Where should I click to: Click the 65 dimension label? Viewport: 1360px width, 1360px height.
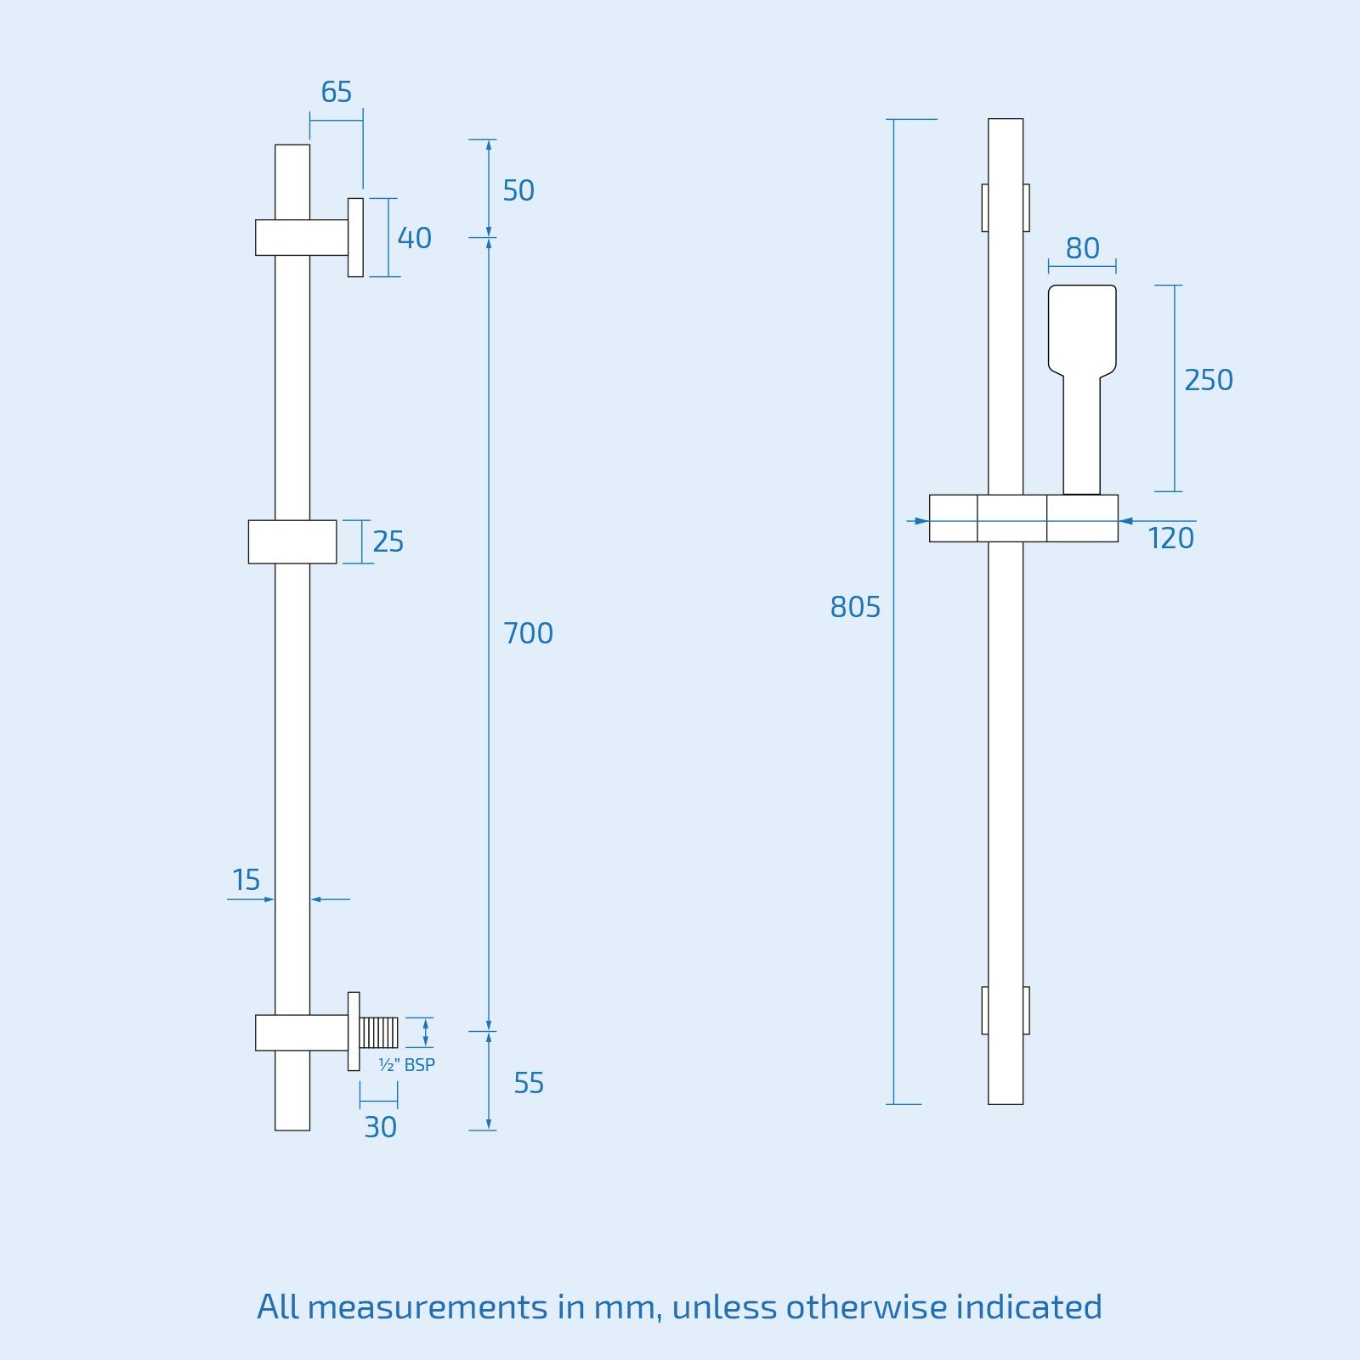[336, 92]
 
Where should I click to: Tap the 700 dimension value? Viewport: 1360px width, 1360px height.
[528, 633]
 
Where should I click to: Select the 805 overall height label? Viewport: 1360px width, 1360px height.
[855, 607]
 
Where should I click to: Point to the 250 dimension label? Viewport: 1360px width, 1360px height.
[1208, 380]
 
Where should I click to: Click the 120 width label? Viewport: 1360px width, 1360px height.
[1170, 538]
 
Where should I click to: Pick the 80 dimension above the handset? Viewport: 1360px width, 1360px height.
[1082, 248]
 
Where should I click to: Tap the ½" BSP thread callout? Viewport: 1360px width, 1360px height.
[406, 1065]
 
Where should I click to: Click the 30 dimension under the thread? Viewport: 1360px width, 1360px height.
[380, 1127]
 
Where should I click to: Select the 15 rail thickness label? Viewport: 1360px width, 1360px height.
[246, 880]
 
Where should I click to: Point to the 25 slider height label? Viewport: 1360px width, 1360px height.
[388, 541]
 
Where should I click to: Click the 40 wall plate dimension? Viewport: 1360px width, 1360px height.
[414, 238]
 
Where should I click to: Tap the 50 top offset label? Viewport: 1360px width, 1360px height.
[518, 190]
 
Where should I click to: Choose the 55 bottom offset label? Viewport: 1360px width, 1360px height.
[528, 1083]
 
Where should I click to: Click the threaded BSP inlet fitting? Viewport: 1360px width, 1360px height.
[378, 1033]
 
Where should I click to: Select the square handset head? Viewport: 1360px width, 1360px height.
[1082, 328]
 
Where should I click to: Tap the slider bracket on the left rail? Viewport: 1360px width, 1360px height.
[292, 541]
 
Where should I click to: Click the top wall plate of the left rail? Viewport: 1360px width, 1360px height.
[355, 237]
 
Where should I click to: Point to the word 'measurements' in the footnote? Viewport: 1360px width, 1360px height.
[427, 1307]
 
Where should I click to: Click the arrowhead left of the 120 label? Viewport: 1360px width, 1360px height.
[1126, 520]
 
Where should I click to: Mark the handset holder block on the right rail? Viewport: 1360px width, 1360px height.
[1081, 518]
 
